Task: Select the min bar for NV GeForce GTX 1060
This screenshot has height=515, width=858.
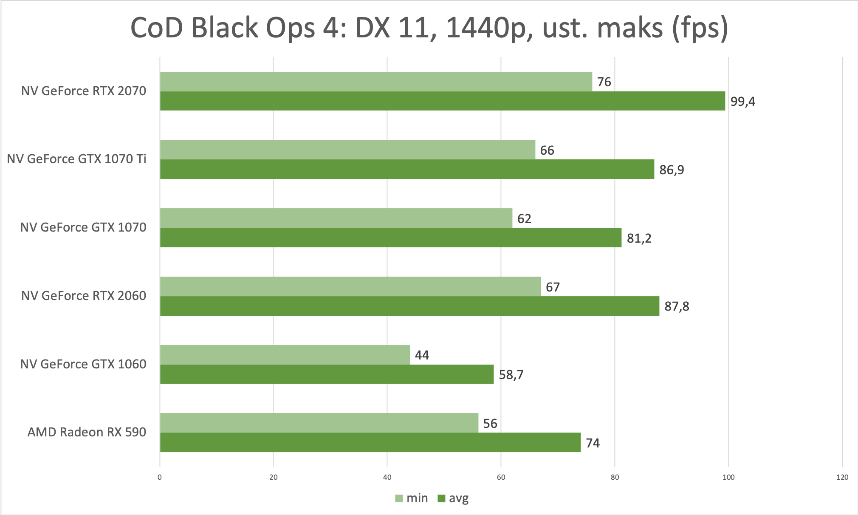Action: tap(285, 355)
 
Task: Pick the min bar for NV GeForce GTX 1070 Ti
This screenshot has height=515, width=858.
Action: tap(347, 150)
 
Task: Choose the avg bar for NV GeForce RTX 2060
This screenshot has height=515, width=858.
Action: tap(409, 306)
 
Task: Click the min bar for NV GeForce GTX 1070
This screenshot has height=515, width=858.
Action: tap(336, 218)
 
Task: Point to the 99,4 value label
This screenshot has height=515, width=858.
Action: tap(742, 102)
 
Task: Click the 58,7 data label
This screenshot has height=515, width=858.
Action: tap(511, 375)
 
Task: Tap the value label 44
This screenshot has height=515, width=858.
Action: tap(422, 355)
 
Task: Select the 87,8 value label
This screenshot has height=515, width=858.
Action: tap(677, 306)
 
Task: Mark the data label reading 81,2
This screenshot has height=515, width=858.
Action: tap(639, 238)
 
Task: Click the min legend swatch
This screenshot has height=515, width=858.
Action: tap(399, 498)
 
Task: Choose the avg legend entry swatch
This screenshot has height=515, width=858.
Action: tap(441, 498)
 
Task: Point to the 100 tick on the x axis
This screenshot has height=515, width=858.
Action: tap(728, 477)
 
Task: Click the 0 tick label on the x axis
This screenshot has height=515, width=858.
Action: tap(160, 477)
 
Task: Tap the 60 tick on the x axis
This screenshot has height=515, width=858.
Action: tap(501, 477)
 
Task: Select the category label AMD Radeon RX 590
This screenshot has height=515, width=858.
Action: tap(87, 432)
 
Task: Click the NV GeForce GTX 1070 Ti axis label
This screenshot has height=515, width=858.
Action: tap(76, 159)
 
